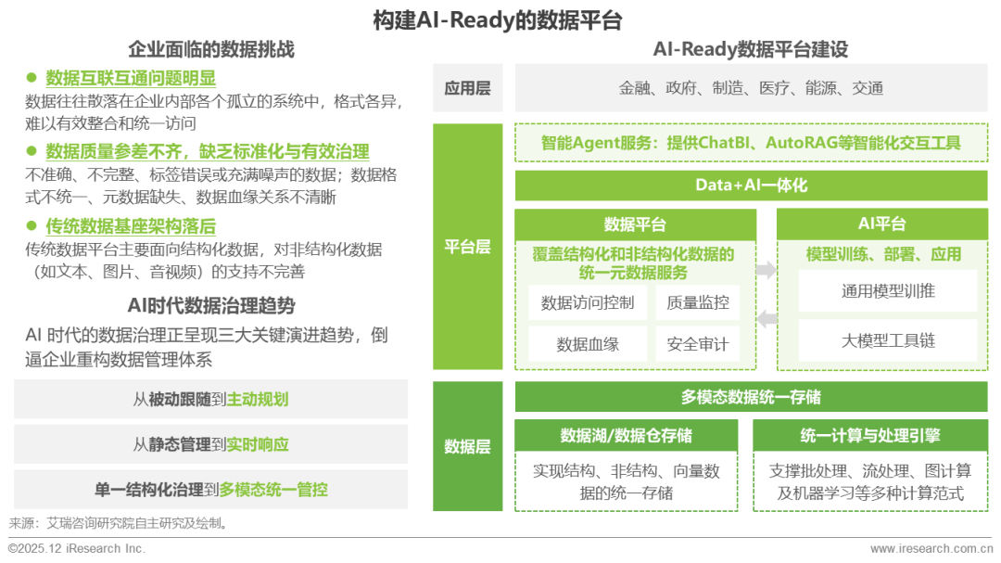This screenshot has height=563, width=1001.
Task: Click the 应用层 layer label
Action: (x=467, y=88)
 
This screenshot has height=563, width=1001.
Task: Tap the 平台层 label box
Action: (x=467, y=248)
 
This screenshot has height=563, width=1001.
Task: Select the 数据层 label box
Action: (x=467, y=446)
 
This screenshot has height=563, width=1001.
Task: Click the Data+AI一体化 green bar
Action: (x=751, y=186)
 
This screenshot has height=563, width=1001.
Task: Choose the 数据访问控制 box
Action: (x=588, y=302)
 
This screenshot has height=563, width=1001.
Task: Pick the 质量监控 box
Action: (x=697, y=302)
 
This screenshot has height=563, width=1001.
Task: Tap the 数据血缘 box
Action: (x=588, y=344)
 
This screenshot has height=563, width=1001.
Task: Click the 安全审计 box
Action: (x=697, y=344)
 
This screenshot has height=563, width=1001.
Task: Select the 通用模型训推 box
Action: (x=887, y=291)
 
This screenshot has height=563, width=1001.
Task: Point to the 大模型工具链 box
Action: (x=887, y=340)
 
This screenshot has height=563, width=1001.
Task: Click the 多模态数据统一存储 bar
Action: (x=751, y=397)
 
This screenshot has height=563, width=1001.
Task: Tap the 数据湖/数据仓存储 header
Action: (x=627, y=436)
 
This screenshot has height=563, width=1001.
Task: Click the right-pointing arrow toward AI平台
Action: (x=767, y=270)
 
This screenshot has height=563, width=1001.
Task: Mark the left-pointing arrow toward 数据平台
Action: (x=767, y=319)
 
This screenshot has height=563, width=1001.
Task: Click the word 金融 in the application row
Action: (x=635, y=88)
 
